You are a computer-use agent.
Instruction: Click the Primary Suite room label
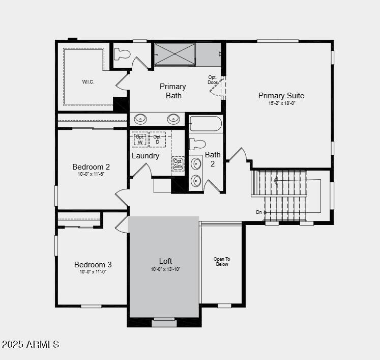pos(281,95)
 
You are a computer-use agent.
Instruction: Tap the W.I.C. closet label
pos(88,81)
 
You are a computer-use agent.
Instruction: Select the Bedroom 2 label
pos(91,167)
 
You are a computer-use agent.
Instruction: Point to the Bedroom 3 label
pos(93,264)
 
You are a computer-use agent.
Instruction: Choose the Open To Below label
pos(222,262)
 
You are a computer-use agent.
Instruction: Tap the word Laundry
pos(145,156)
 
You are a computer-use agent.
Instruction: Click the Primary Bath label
pos(173,91)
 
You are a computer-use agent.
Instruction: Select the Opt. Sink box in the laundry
pos(178,163)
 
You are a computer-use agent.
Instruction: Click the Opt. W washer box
pos(140,139)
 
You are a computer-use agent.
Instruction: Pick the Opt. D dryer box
pos(157,139)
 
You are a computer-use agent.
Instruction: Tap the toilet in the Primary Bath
pos(122,54)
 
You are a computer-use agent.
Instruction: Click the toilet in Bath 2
pos(197,144)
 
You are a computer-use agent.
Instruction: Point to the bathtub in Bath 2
pos(206,124)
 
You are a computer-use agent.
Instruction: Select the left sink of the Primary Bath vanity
pos(140,119)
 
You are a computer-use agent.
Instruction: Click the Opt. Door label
pos(213,80)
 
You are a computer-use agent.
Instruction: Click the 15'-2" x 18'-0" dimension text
pos(282,103)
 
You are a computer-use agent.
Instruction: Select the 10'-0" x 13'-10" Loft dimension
pos(165,269)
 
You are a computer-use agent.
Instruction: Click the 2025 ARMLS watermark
pos(30,345)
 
